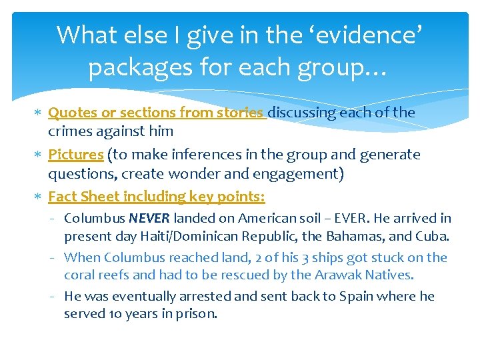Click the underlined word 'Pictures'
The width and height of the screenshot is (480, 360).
coord(75,155)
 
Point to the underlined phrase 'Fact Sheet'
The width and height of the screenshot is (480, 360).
coord(80,197)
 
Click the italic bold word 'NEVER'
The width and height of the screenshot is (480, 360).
coord(149,218)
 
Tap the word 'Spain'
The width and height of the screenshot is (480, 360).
coord(355,296)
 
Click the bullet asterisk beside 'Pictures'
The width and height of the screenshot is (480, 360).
coord(39,155)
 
